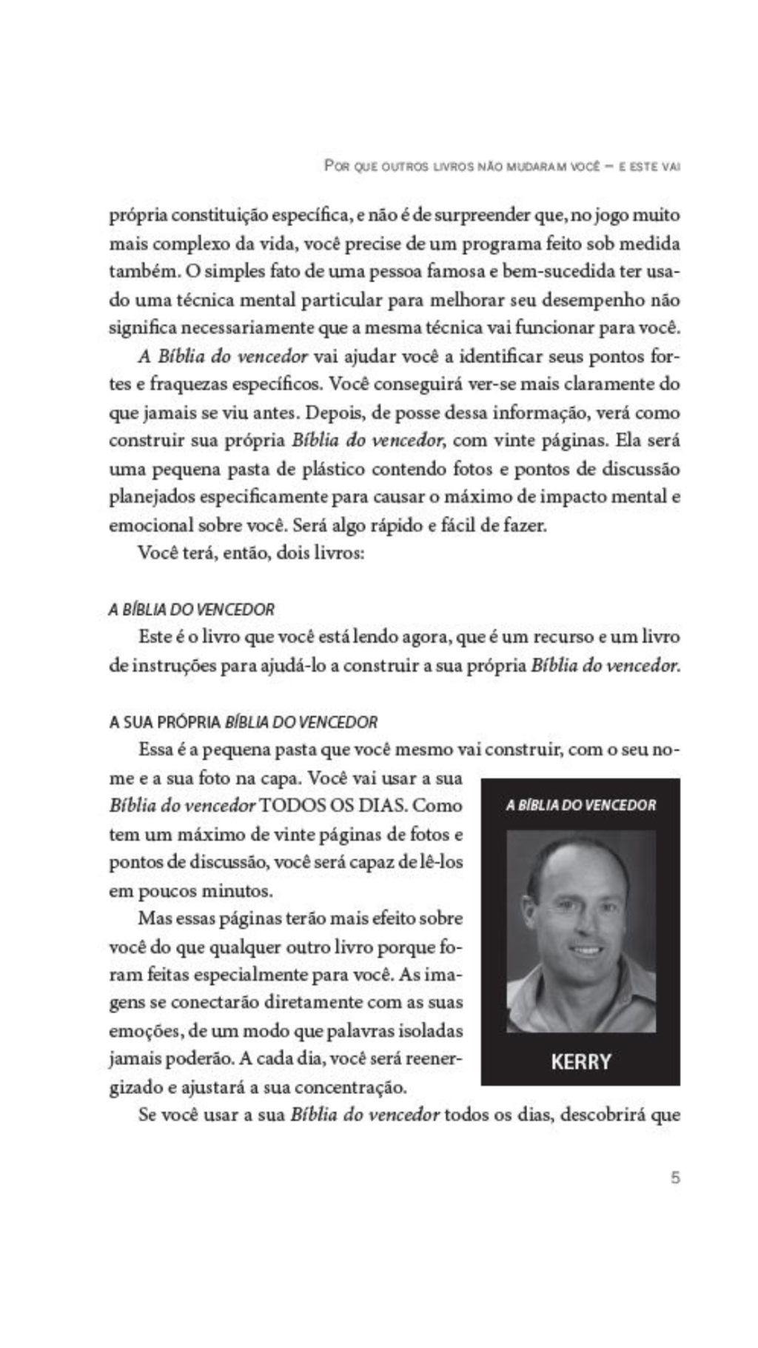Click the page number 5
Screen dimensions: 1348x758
click(x=674, y=1177)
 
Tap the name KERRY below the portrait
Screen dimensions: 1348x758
click(x=581, y=1061)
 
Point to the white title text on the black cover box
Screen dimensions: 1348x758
click(x=581, y=804)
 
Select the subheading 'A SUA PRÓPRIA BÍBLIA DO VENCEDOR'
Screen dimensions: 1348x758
click(x=244, y=721)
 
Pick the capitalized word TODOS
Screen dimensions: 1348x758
click(x=292, y=806)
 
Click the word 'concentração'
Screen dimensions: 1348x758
click(x=350, y=1088)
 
